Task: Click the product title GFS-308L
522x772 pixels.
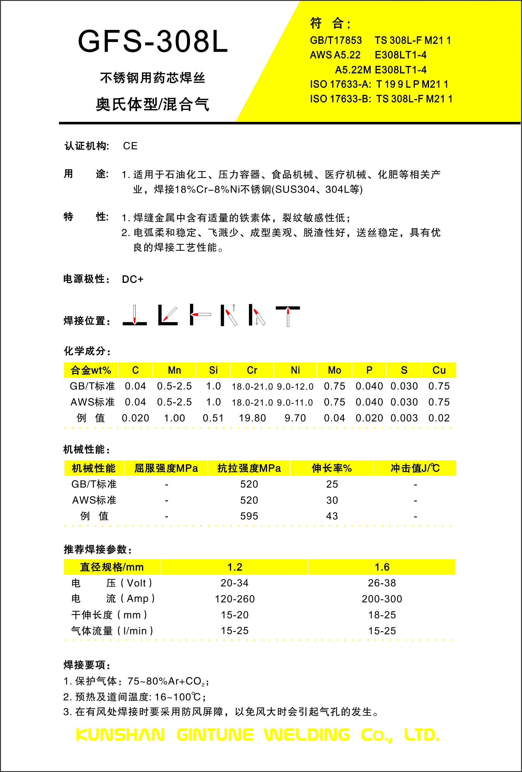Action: (153, 41)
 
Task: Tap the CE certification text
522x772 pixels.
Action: (130, 146)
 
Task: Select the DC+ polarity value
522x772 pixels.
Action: (133, 279)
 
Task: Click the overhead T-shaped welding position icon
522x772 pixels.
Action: (288, 315)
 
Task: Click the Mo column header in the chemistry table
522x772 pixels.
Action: (334, 370)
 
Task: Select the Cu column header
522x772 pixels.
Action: (439, 370)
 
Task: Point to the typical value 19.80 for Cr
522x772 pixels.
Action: (252, 418)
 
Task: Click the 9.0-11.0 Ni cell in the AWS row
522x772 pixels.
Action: (295, 402)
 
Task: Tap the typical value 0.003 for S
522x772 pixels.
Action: (404, 418)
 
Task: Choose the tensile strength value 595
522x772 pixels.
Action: (249, 516)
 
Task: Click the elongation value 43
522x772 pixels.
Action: (332, 516)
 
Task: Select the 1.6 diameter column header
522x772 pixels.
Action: (382, 567)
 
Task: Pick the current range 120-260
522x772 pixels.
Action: (235, 598)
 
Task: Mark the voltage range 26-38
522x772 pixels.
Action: (382, 583)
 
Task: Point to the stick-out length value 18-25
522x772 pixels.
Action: (382, 615)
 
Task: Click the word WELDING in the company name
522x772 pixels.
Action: (307, 735)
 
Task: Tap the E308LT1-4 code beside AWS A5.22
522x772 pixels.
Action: (401, 55)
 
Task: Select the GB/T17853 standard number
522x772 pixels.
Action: (336, 40)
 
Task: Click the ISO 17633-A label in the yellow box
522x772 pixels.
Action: (340, 84)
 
